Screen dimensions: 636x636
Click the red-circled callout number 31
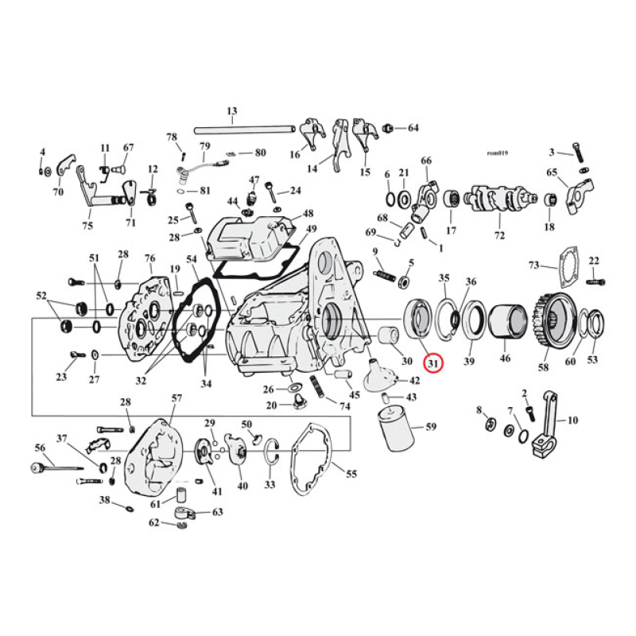[432, 363]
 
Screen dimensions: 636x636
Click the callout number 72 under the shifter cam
[499, 237]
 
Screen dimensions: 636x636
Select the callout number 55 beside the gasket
[351, 474]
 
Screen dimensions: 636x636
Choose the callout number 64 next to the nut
[413, 128]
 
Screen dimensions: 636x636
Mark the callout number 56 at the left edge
[39, 448]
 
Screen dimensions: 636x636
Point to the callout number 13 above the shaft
[232, 111]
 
